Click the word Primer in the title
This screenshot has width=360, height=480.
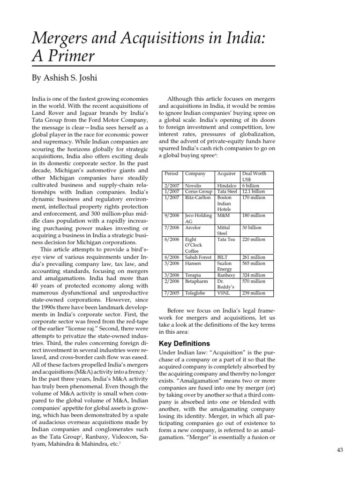click(69, 57)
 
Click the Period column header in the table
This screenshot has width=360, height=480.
click(171, 173)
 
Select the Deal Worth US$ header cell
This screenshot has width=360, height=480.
click(255, 176)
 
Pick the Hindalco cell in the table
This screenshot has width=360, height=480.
click(227, 186)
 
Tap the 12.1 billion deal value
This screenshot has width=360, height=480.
click(254, 191)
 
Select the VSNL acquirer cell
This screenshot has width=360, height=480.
click(224, 293)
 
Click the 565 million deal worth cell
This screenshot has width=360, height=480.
click(254, 263)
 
